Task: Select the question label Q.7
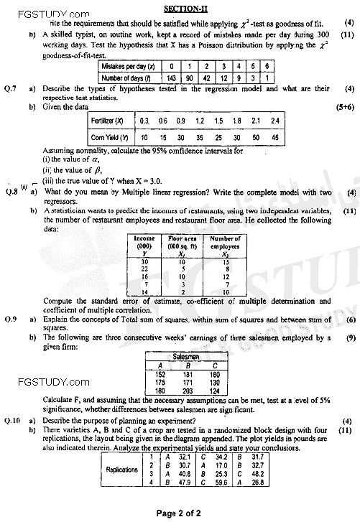(11, 88)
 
